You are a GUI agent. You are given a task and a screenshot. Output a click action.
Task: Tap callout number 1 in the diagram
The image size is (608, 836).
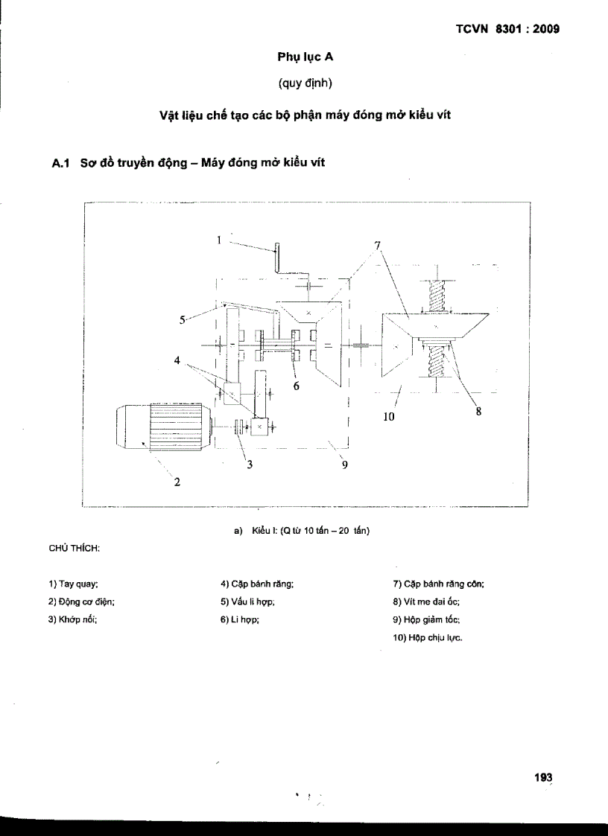click(x=220, y=239)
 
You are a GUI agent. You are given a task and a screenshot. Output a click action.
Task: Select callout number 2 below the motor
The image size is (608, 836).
click(x=177, y=482)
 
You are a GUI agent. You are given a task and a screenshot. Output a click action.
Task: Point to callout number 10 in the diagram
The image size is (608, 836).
click(x=388, y=417)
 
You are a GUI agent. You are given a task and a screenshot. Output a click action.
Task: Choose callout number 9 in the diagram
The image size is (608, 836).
click(x=345, y=466)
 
